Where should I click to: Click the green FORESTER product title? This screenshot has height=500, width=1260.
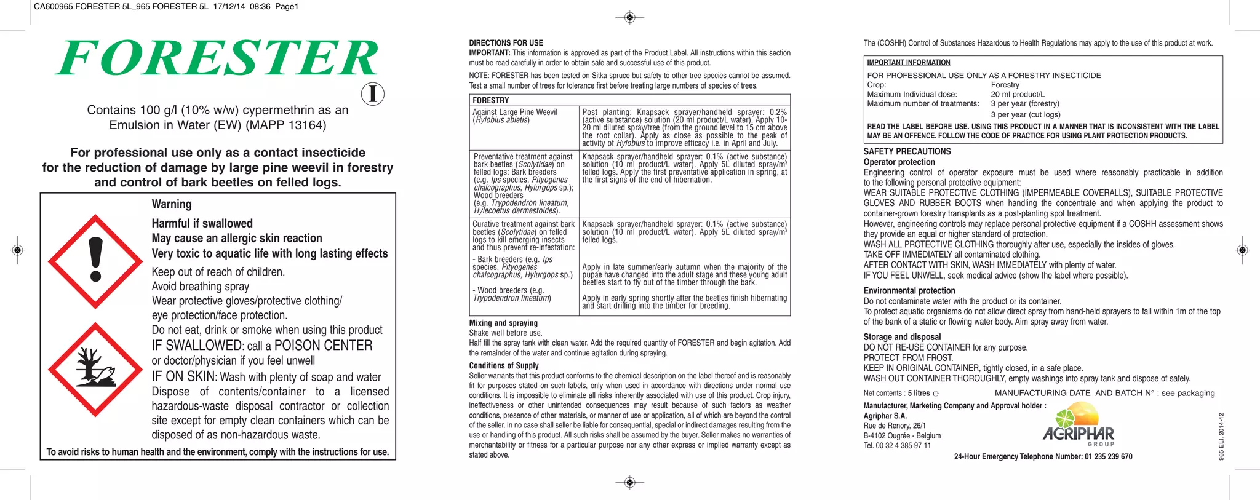pos(217,58)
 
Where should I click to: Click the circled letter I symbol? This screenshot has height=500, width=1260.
pos(372,94)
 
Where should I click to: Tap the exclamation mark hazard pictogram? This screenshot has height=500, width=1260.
pos(95,261)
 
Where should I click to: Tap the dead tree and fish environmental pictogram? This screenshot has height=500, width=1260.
pos(95,369)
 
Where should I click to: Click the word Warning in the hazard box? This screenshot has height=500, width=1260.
pos(172,204)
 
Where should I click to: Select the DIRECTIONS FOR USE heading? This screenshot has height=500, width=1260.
pos(506,43)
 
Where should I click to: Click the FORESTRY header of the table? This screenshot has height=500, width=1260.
pos(490,100)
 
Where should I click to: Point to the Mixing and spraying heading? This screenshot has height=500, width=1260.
pos(503,323)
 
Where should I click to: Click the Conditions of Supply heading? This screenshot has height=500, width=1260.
pos(503,365)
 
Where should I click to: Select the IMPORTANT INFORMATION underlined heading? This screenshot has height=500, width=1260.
pos(908,63)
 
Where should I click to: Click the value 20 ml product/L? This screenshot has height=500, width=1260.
pos(1017,94)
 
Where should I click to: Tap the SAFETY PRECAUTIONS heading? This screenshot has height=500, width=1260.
pos(907,151)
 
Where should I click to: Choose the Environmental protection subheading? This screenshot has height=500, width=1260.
pos(909,291)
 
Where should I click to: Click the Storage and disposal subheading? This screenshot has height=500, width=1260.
pos(902,337)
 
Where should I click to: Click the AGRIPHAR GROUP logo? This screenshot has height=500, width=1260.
pos(1079,426)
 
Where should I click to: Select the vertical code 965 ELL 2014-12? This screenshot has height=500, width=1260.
pos(1221,436)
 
